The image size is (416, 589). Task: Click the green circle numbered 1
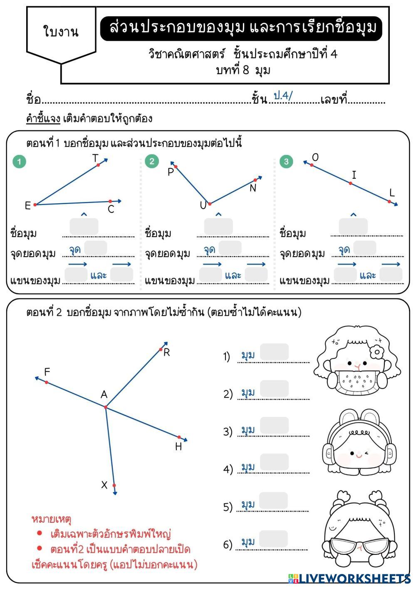[x=19, y=162]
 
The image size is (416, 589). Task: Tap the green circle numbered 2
[x=152, y=161]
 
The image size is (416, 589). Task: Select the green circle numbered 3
[x=286, y=162]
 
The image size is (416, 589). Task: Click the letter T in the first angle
[x=95, y=158]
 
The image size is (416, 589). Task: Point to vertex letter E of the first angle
[x=28, y=205]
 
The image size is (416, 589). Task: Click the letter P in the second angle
[x=171, y=172]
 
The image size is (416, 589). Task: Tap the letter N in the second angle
[x=253, y=188]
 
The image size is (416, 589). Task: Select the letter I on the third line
[x=354, y=175]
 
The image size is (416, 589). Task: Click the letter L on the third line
[x=392, y=192]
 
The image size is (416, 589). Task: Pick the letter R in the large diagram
[x=167, y=353]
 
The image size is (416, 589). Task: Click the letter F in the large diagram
[x=47, y=372]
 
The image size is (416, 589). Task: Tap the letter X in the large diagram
[x=104, y=485]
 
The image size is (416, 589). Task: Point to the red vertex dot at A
[x=106, y=407]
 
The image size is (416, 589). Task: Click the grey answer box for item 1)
[x=274, y=352]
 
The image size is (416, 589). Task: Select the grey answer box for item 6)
[x=273, y=539]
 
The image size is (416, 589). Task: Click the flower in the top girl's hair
[x=377, y=352]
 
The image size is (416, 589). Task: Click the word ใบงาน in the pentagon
[x=61, y=32]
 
